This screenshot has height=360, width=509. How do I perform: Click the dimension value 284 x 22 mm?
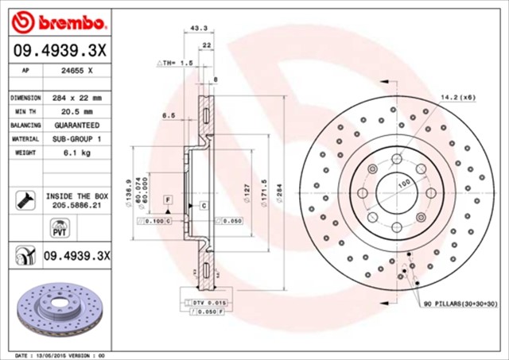tap(77, 98)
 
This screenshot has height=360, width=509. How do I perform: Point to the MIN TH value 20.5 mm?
tap(77, 111)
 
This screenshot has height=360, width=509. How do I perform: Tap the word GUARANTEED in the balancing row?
tap(77, 126)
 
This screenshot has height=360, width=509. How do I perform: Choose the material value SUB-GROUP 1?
tap(77, 139)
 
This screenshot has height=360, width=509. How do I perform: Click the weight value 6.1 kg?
tap(77, 153)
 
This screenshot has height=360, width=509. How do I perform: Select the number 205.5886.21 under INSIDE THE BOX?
tap(78, 204)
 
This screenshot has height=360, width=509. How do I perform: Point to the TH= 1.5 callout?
tap(175, 62)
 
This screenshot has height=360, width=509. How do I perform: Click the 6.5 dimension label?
tap(168, 115)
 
